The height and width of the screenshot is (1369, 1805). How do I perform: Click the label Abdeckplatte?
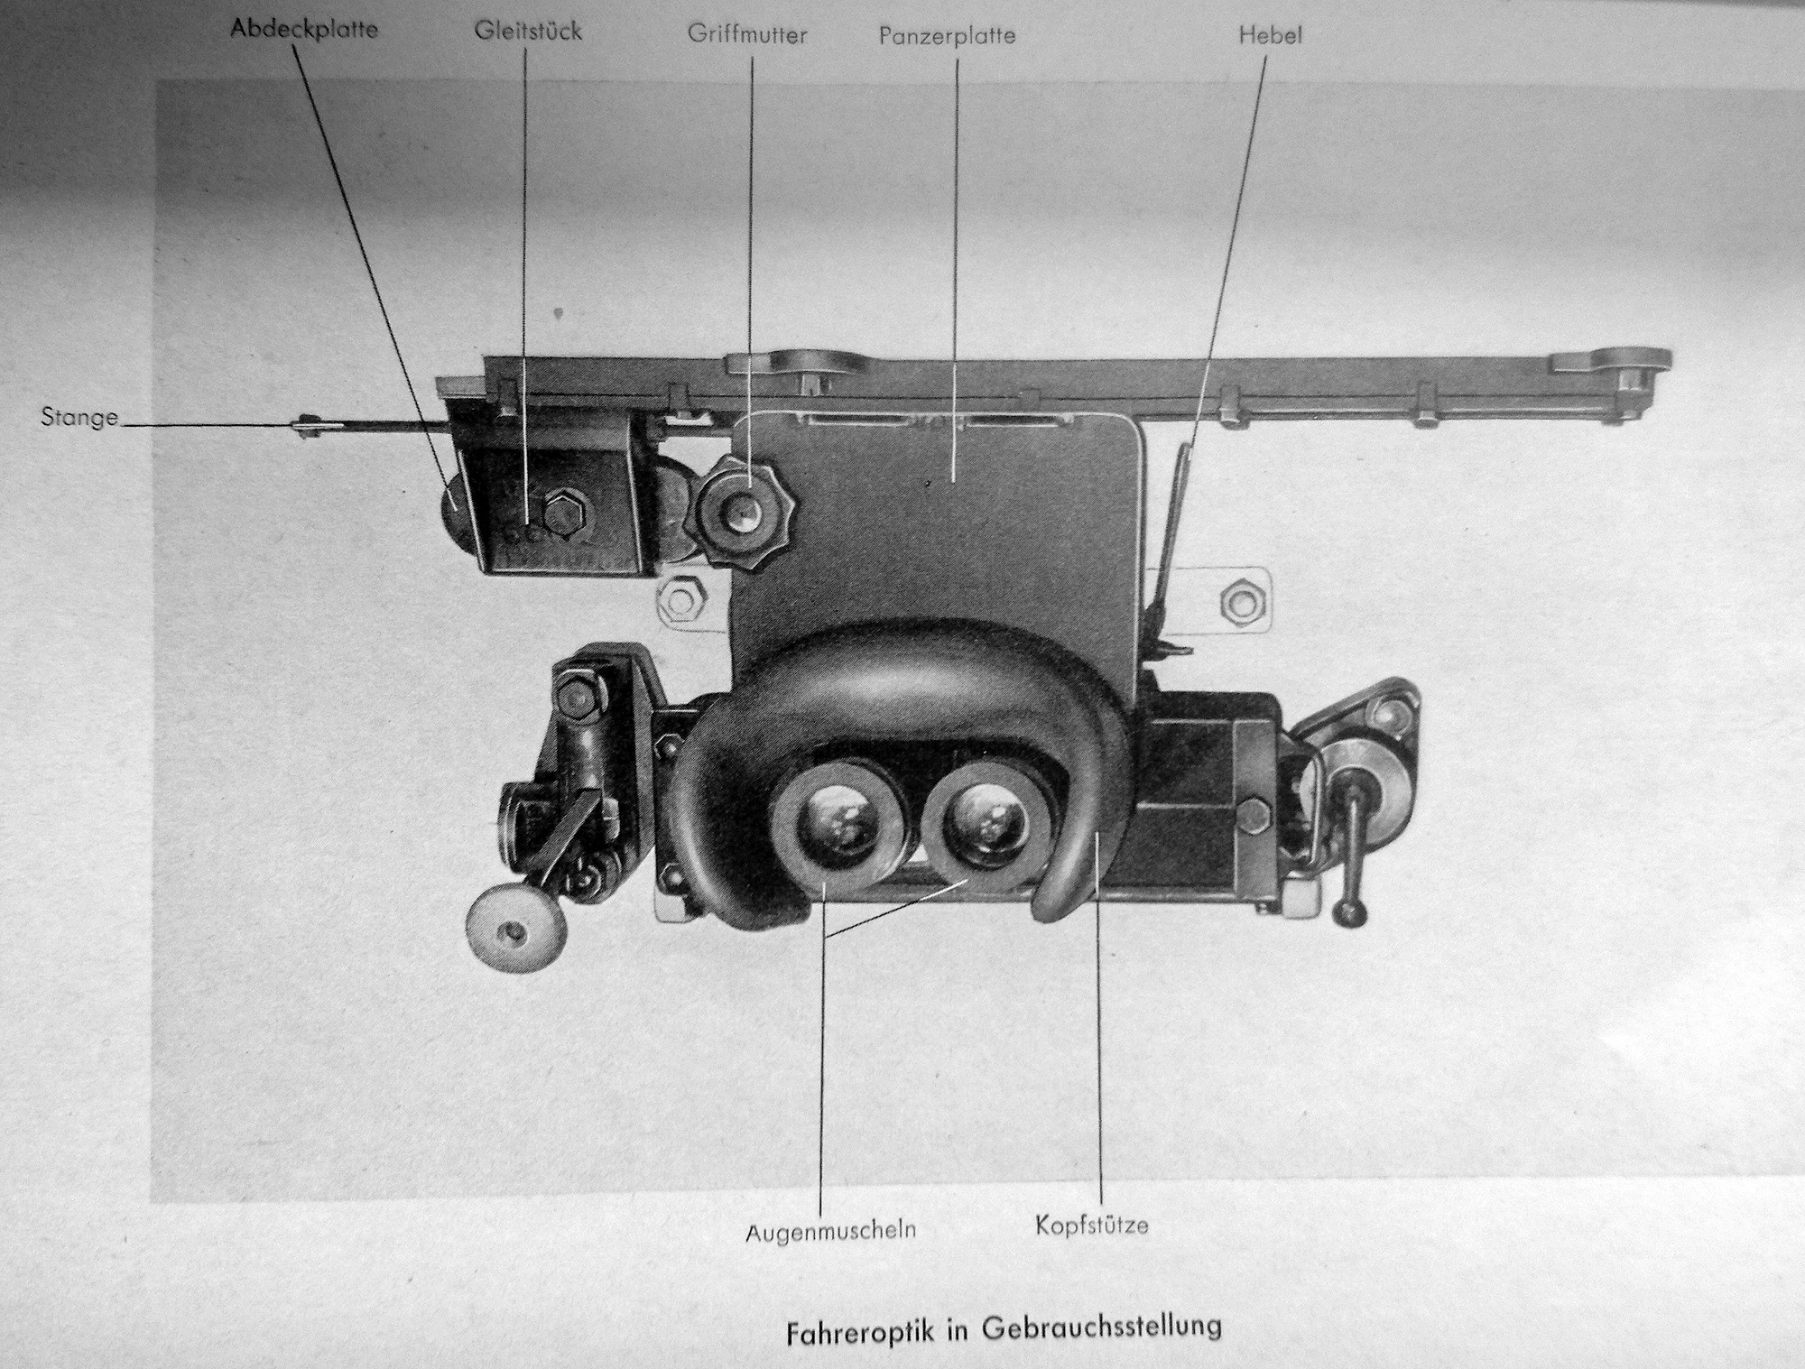click(304, 29)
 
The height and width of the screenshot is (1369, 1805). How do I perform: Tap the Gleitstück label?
click(528, 31)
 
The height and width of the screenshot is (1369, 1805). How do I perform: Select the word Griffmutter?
click(747, 35)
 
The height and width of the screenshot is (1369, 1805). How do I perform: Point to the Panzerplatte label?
click(948, 36)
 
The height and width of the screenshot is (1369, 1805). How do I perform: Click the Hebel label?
click(1271, 35)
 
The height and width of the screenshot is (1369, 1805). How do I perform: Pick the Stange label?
click(79, 418)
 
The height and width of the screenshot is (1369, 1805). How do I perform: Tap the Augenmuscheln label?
click(830, 1230)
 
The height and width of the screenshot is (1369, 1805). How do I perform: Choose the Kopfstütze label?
click(1092, 1226)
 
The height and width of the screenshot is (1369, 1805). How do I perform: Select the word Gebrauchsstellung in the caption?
click(1101, 1327)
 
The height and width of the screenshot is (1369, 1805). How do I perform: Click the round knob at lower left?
click(515, 929)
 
